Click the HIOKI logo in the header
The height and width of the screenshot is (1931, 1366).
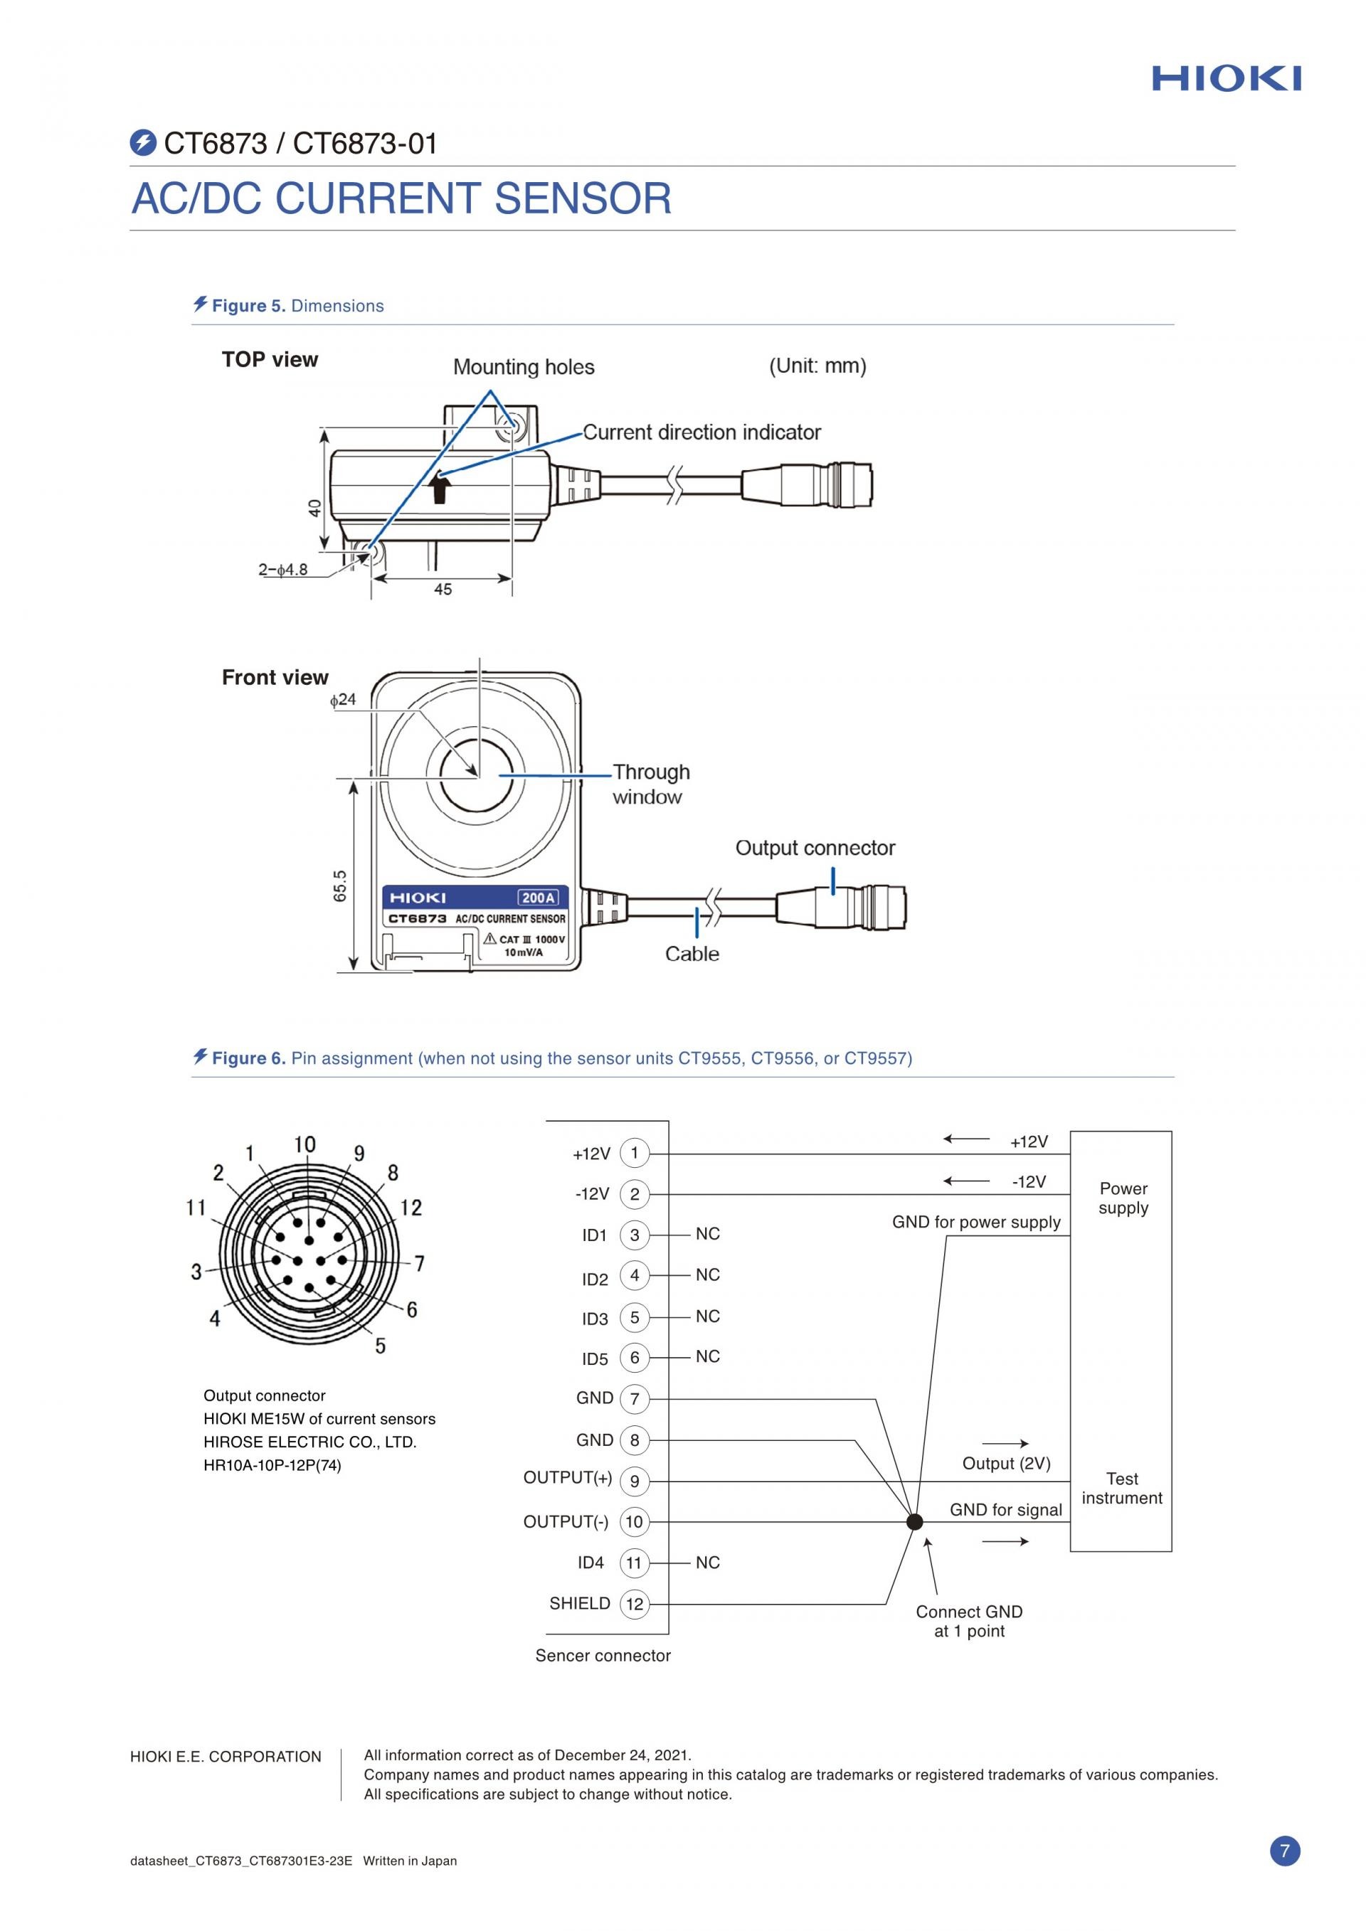(x=1227, y=79)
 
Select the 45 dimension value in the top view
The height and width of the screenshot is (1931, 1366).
(x=443, y=590)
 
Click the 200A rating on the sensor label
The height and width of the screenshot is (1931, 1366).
(x=539, y=898)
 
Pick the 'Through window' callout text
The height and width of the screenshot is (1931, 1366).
(x=650, y=784)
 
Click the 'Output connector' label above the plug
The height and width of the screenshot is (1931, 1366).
(x=815, y=848)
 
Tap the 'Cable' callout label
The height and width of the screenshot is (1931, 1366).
(x=692, y=954)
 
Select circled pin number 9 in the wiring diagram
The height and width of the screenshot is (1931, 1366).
(x=634, y=1481)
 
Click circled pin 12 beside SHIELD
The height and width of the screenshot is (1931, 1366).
(x=634, y=1604)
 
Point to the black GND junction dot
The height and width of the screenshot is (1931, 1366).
(x=915, y=1521)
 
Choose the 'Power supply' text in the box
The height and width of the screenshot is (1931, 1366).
(x=1123, y=1198)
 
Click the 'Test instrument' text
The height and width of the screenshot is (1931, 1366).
(x=1122, y=1488)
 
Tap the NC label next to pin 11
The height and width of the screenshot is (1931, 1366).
(x=707, y=1563)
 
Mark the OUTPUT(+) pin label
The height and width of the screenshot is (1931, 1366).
(x=568, y=1478)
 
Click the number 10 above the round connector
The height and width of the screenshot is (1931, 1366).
(x=305, y=1144)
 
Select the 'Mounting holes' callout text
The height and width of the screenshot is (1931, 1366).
(x=523, y=367)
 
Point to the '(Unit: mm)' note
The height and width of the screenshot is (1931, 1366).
(x=817, y=366)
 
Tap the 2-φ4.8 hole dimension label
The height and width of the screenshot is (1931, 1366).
(x=282, y=570)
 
